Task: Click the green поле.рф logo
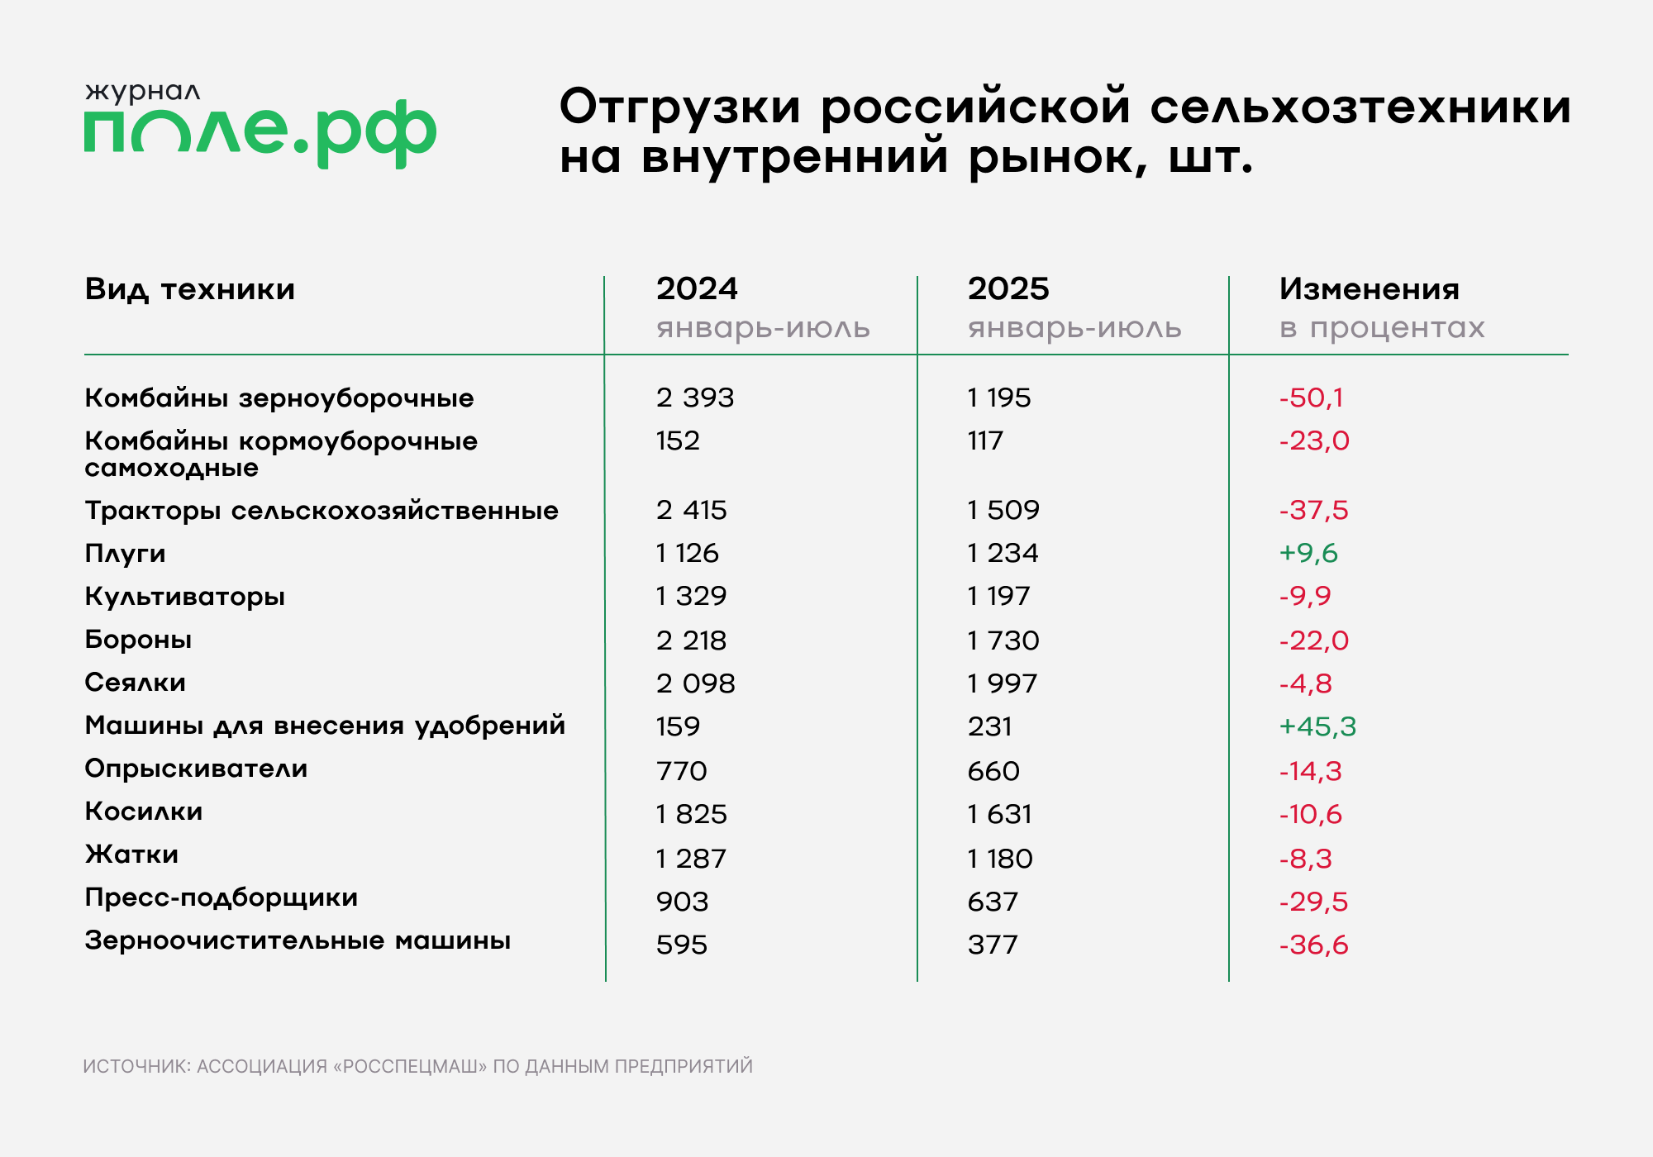click(260, 132)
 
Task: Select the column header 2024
click(697, 289)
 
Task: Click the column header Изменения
click(1369, 289)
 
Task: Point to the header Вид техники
click(189, 289)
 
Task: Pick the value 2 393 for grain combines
click(695, 398)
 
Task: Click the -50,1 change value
click(1311, 398)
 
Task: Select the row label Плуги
click(125, 554)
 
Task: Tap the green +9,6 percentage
click(1308, 553)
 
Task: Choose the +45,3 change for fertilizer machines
click(1317, 726)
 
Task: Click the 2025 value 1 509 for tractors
click(1003, 510)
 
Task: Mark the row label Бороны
click(138, 640)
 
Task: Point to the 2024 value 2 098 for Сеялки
click(695, 683)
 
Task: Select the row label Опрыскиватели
click(196, 769)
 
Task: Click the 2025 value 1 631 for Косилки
click(1000, 814)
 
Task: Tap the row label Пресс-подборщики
click(221, 898)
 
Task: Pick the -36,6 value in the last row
click(1313, 945)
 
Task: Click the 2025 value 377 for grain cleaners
click(993, 945)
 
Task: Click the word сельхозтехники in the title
click(1360, 107)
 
